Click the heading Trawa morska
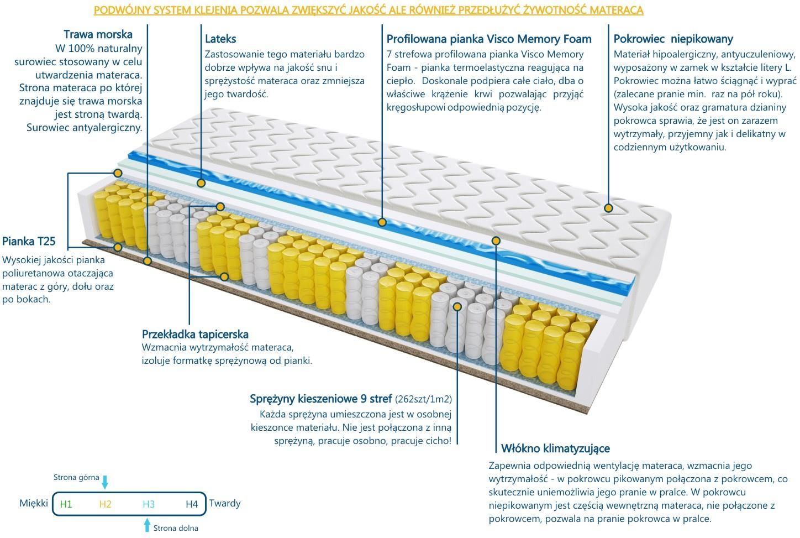[98, 34]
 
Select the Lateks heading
[220, 39]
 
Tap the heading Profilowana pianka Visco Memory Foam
[489, 39]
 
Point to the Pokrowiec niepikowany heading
[673, 39]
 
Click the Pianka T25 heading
[29, 241]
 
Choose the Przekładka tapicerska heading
[195, 334]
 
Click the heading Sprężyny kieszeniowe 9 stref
[320, 399]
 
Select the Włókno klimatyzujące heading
[555, 448]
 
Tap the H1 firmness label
[66, 504]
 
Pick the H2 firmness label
[106, 504]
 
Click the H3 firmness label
[149, 504]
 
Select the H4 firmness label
[192, 504]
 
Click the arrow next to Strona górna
[104, 482]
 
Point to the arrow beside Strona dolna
[147, 525]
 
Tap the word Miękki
[34, 503]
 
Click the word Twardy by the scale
[225, 504]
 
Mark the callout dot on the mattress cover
[609, 208]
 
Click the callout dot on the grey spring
[457, 306]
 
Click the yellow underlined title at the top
[369, 10]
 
